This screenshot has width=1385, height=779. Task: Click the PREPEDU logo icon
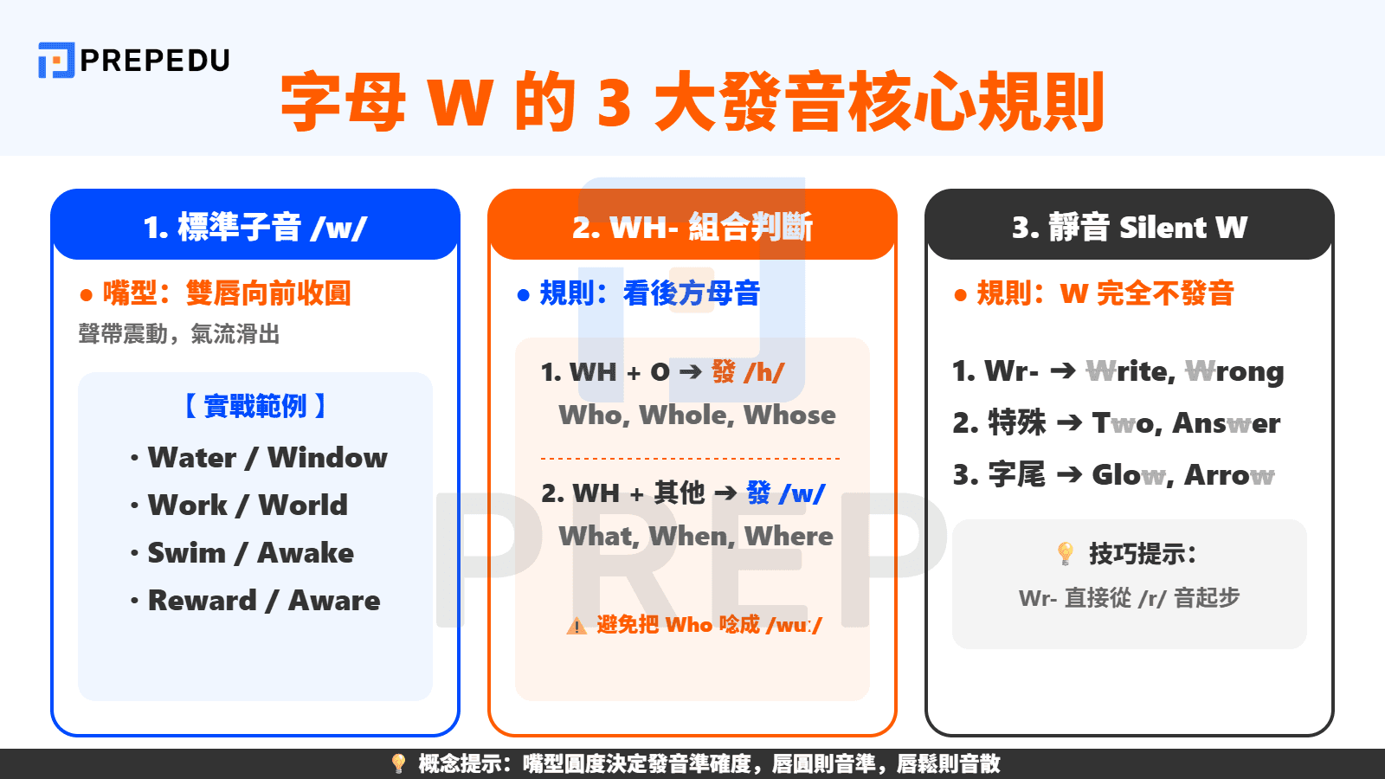pyautogui.click(x=56, y=60)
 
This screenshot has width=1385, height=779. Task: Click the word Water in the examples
pyautogui.click(x=191, y=457)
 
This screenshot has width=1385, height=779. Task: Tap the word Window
pyautogui.click(x=327, y=457)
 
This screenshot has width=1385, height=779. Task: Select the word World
pyautogui.click(x=303, y=505)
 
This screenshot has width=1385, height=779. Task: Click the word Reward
pyautogui.click(x=202, y=600)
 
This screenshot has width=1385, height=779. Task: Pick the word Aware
pyautogui.click(x=334, y=600)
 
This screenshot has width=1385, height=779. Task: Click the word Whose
pyautogui.click(x=789, y=415)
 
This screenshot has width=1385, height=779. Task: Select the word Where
pyautogui.click(x=789, y=537)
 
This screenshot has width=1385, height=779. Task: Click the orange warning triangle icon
pyautogui.click(x=577, y=626)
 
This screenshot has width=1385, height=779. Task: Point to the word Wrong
pyautogui.click(x=1234, y=371)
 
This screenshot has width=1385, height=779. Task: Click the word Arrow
pyautogui.click(x=1229, y=475)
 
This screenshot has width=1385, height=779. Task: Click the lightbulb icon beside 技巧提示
pyautogui.click(x=1066, y=553)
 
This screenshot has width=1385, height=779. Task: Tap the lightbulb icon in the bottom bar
pyautogui.click(x=398, y=763)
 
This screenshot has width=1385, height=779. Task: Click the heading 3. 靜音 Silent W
pyautogui.click(x=1130, y=227)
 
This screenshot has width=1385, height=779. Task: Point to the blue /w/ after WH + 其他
pyautogui.click(x=802, y=493)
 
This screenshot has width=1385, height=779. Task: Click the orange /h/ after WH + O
pyautogui.click(x=764, y=372)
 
